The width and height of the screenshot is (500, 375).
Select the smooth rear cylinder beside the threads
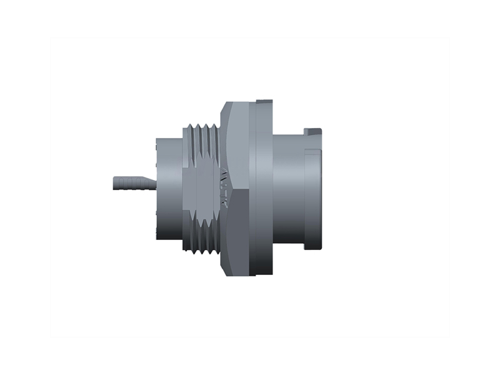(169, 187)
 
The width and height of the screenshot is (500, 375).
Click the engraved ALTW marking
(222, 186)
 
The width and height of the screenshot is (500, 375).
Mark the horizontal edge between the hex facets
(237, 190)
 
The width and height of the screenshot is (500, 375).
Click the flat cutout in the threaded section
(206, 187)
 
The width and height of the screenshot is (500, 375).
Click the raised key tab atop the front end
(312, 131)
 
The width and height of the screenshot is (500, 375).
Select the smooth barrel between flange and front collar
(287, 187)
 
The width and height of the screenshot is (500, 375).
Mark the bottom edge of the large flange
(262, 275)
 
